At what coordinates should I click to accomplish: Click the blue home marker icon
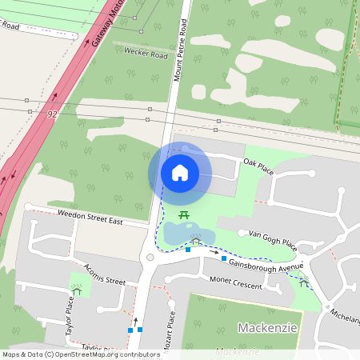click(x=180, y=173)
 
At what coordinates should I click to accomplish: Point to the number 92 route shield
click(x=53, y=114)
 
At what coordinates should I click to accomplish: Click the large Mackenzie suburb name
click(x=268, y=328)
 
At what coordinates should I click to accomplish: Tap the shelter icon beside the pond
click(x=196, y=240)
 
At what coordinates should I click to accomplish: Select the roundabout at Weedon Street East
click(x=150, y=257)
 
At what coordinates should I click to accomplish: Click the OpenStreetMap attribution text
click(x=80, y=354)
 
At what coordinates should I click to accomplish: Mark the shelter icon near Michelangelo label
click(x=303, y=281)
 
